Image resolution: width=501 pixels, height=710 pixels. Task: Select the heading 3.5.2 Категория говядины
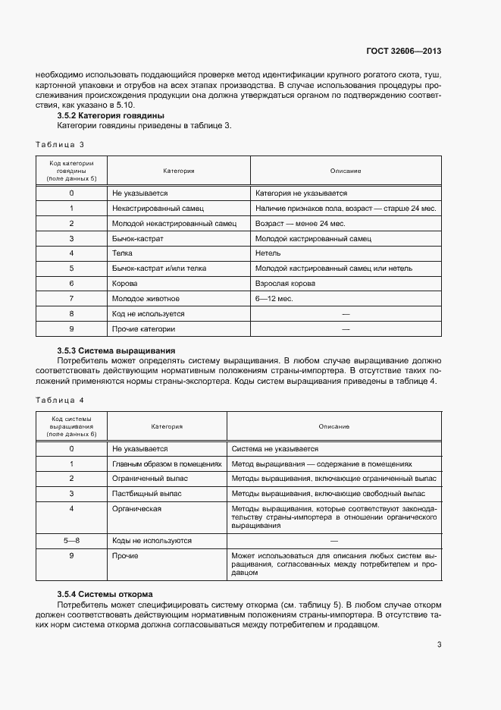coord(111,115)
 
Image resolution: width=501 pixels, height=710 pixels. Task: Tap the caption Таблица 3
coord(60,144)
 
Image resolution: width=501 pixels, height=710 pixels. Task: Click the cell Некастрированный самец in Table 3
coord(158,208)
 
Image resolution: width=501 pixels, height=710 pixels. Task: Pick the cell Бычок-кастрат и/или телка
coord(158,268)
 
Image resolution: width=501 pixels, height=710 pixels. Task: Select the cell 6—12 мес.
coord(274,298)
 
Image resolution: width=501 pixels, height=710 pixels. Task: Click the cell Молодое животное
coord(146,298)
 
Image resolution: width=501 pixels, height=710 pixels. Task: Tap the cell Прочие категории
coord(143,328)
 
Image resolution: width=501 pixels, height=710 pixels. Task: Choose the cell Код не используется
coord(148,313)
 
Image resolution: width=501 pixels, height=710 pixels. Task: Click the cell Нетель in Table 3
coord(268,253)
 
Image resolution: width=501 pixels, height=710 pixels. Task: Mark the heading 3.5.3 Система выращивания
coord(116,350)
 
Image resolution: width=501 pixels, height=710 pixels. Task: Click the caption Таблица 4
coord(60,399)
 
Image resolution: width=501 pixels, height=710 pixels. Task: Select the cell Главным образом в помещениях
coord(167,463)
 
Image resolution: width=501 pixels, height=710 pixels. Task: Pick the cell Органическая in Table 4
coord(137,509)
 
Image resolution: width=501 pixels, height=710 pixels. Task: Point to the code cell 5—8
coord(71,541)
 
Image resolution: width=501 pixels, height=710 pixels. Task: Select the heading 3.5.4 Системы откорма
coord(105,593)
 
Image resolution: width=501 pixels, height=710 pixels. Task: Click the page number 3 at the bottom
coord(439,646)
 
